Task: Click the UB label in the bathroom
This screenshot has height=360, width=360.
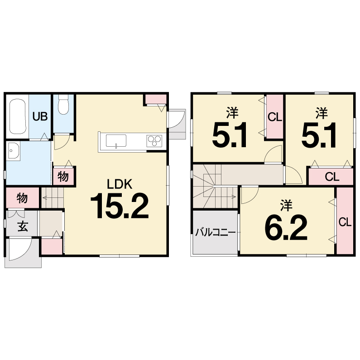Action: pos(40,116)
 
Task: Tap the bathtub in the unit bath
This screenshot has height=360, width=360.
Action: pos(18,116)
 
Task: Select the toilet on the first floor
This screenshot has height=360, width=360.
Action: pos(63,105)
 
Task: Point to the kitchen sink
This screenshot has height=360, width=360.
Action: pos(116,140)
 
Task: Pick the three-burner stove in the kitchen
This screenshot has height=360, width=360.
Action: pos(154,141)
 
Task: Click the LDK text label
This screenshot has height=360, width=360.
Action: pos(120,184)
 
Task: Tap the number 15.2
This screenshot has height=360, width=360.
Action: pos(120,206)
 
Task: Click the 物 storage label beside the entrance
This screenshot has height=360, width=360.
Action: pos(22,198)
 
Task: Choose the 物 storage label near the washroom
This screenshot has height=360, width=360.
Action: pos(63,176)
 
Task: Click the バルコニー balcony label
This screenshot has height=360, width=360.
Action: pos(216,233)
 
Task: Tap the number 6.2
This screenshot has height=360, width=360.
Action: pos(286,228)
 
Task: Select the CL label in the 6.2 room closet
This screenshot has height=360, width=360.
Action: pos(345,222)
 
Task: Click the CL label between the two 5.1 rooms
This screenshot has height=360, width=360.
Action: pos(275,117)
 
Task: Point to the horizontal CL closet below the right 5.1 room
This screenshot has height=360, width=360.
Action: pos(331,177)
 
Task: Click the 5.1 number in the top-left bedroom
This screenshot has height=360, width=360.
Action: pos(230,135)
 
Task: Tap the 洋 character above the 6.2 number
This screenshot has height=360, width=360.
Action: pos(286,205)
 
